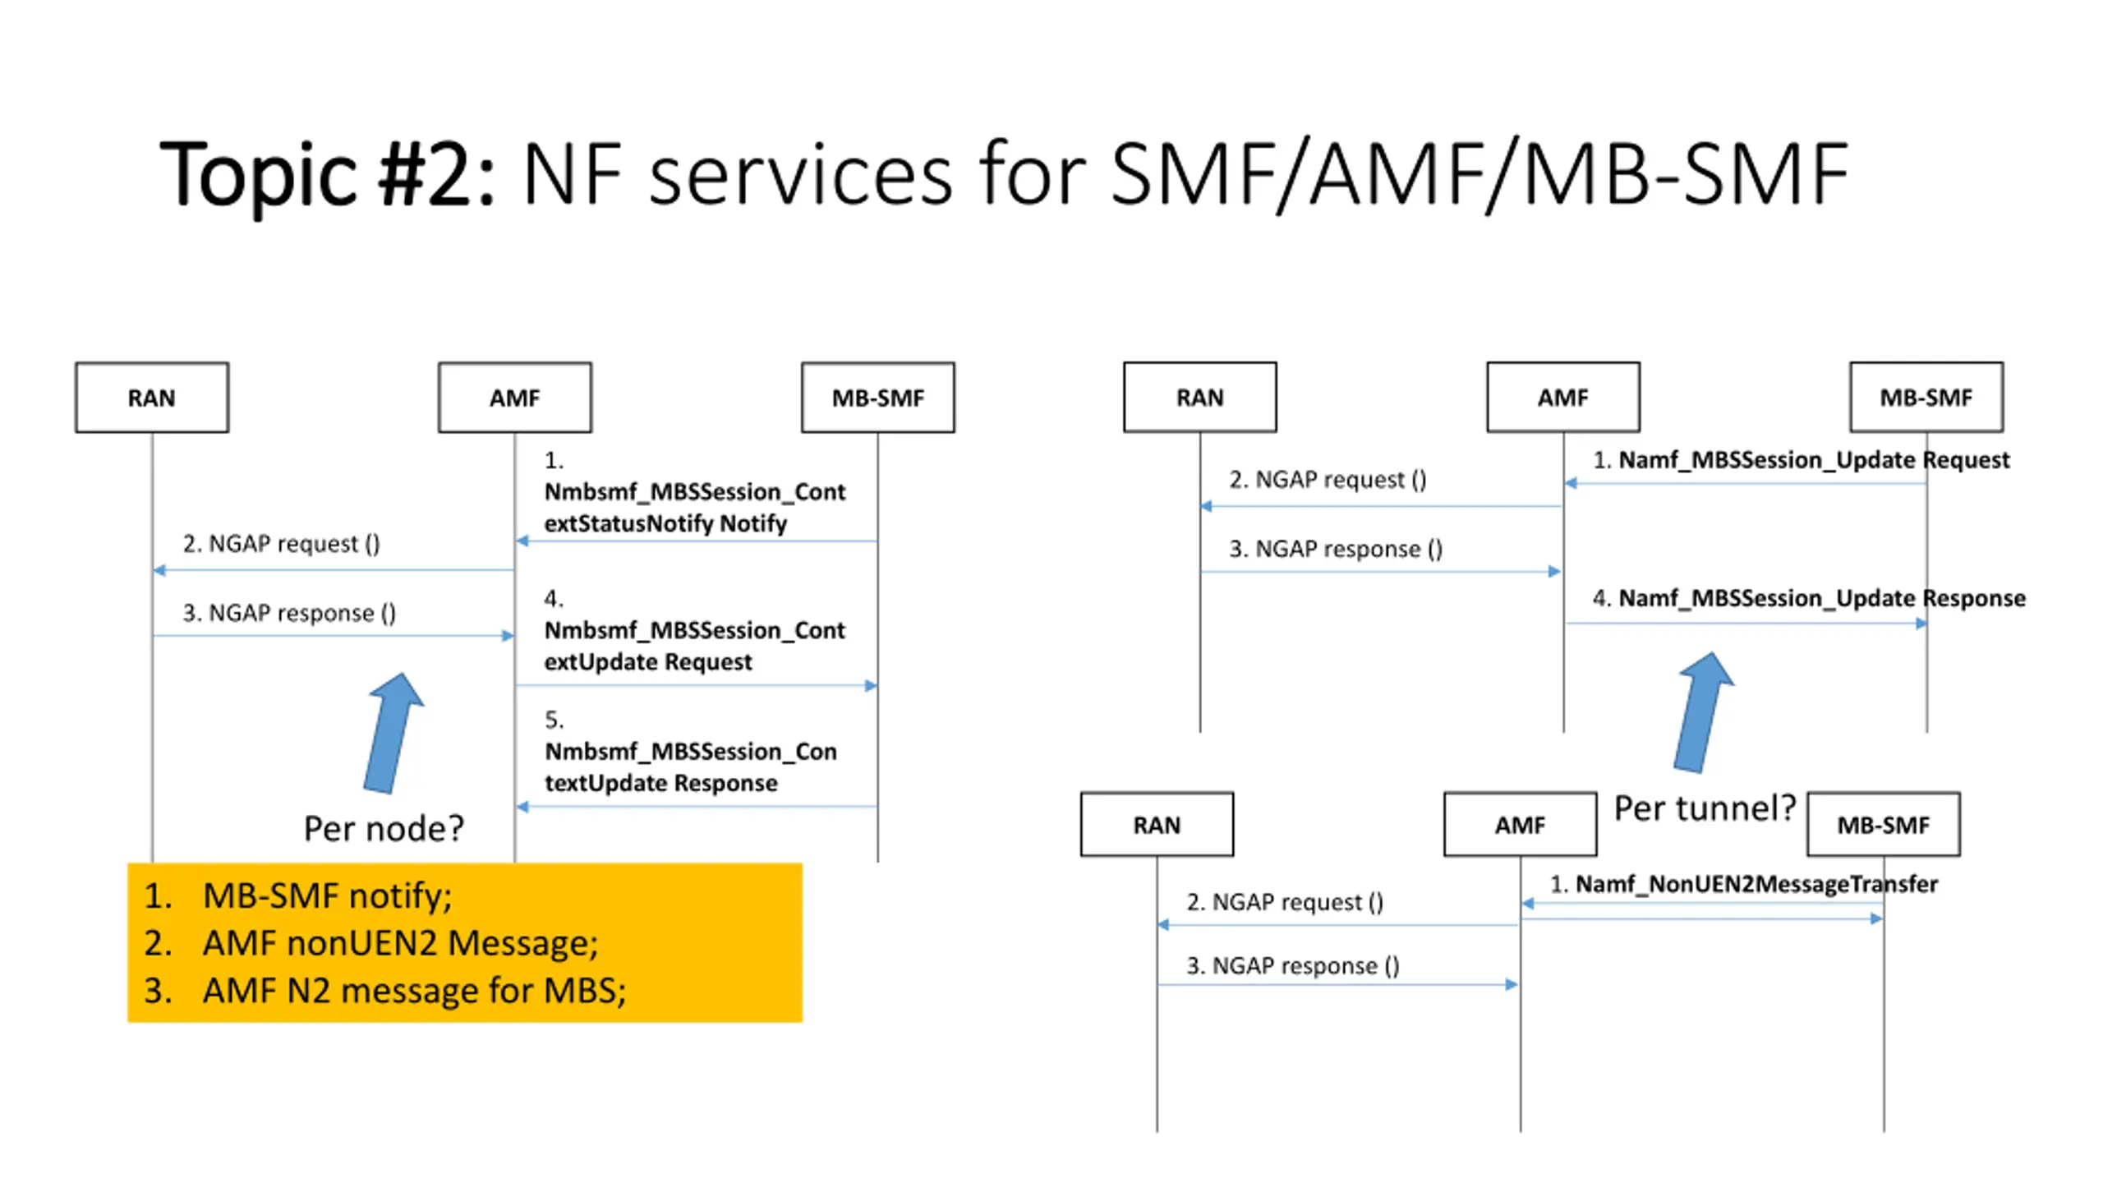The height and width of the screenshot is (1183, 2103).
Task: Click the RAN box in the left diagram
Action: click(152, 398)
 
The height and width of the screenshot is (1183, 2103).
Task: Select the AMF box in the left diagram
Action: click(515, 398)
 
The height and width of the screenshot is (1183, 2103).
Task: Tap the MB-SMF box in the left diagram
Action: click(878, 398)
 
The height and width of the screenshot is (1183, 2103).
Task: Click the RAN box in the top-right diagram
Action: click(1200, 398)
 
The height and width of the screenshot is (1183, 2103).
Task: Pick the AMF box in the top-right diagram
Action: click(1563, 398)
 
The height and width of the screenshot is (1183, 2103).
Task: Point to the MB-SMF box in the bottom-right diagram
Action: click(1884, 825)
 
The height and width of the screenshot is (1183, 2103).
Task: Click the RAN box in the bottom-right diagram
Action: click(1157, 825)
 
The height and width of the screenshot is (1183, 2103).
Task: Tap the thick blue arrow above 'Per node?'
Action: click(393, 734)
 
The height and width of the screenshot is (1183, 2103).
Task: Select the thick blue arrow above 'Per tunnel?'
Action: click(1704, 712)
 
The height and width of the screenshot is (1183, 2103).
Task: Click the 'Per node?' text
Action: click(384, 828)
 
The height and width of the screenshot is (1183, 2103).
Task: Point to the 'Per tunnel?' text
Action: click(1705, 808)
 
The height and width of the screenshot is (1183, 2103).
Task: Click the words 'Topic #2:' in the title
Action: click(327, 173)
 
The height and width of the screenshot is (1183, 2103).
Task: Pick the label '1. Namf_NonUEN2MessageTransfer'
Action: click(1743, 884)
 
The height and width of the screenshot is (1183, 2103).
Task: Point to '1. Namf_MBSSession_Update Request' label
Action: click(1801, 460)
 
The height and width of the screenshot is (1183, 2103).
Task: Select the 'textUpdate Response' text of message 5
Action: click(660, 783)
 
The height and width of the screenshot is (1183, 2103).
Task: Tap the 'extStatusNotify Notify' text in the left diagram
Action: click(665, 523)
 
